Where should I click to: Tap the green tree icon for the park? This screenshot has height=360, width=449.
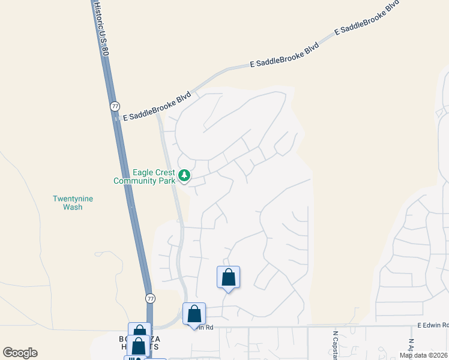pyautogui.click(x=185, y=176)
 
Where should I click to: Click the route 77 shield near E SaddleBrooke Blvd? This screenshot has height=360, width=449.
pyautogui.click(x=115, y=106)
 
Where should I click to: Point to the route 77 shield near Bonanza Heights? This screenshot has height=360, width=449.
pyautogui.click(x=151, y=298)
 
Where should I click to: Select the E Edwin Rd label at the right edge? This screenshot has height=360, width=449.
pyautogui.click(x=433, y=325)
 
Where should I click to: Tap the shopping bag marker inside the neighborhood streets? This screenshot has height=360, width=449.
pyautogui.click(x=228, y=277)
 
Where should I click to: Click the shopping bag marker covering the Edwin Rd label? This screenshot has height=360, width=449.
pyautogui.click(x=194, y=314)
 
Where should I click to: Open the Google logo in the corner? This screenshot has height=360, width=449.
pyautogui.click(x=20, y=353)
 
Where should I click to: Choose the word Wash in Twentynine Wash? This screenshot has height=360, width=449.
pyautogui.click(x=73, y=207)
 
